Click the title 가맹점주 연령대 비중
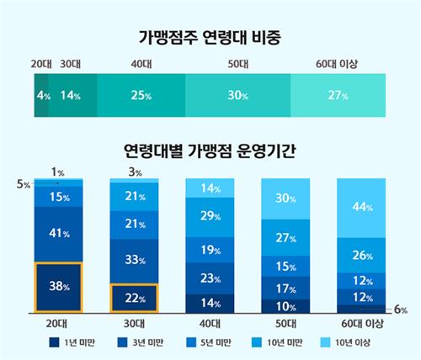coord(210,36)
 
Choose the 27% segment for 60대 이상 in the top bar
coord(337,96)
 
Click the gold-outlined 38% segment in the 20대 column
coord(59,287)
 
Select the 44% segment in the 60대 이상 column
coord(362,208)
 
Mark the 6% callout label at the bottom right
coord(400,310)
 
